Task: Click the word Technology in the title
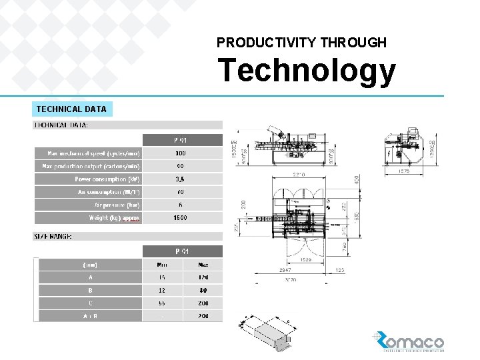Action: pos(307,71)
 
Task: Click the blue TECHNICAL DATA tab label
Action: pos(71,109)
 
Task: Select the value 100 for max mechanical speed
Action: pos(181,153)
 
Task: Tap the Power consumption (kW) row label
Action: pos(107,179)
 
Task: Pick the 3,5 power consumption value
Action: pos(181,179)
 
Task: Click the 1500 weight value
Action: pos(181,218)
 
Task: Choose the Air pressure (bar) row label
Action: pos(117,205)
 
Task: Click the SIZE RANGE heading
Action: pos(53,237)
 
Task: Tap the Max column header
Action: pos(203,265)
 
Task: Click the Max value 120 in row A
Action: pos(203,277)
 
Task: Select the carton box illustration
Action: pos(268,334)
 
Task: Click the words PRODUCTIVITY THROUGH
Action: pos(301,43)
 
